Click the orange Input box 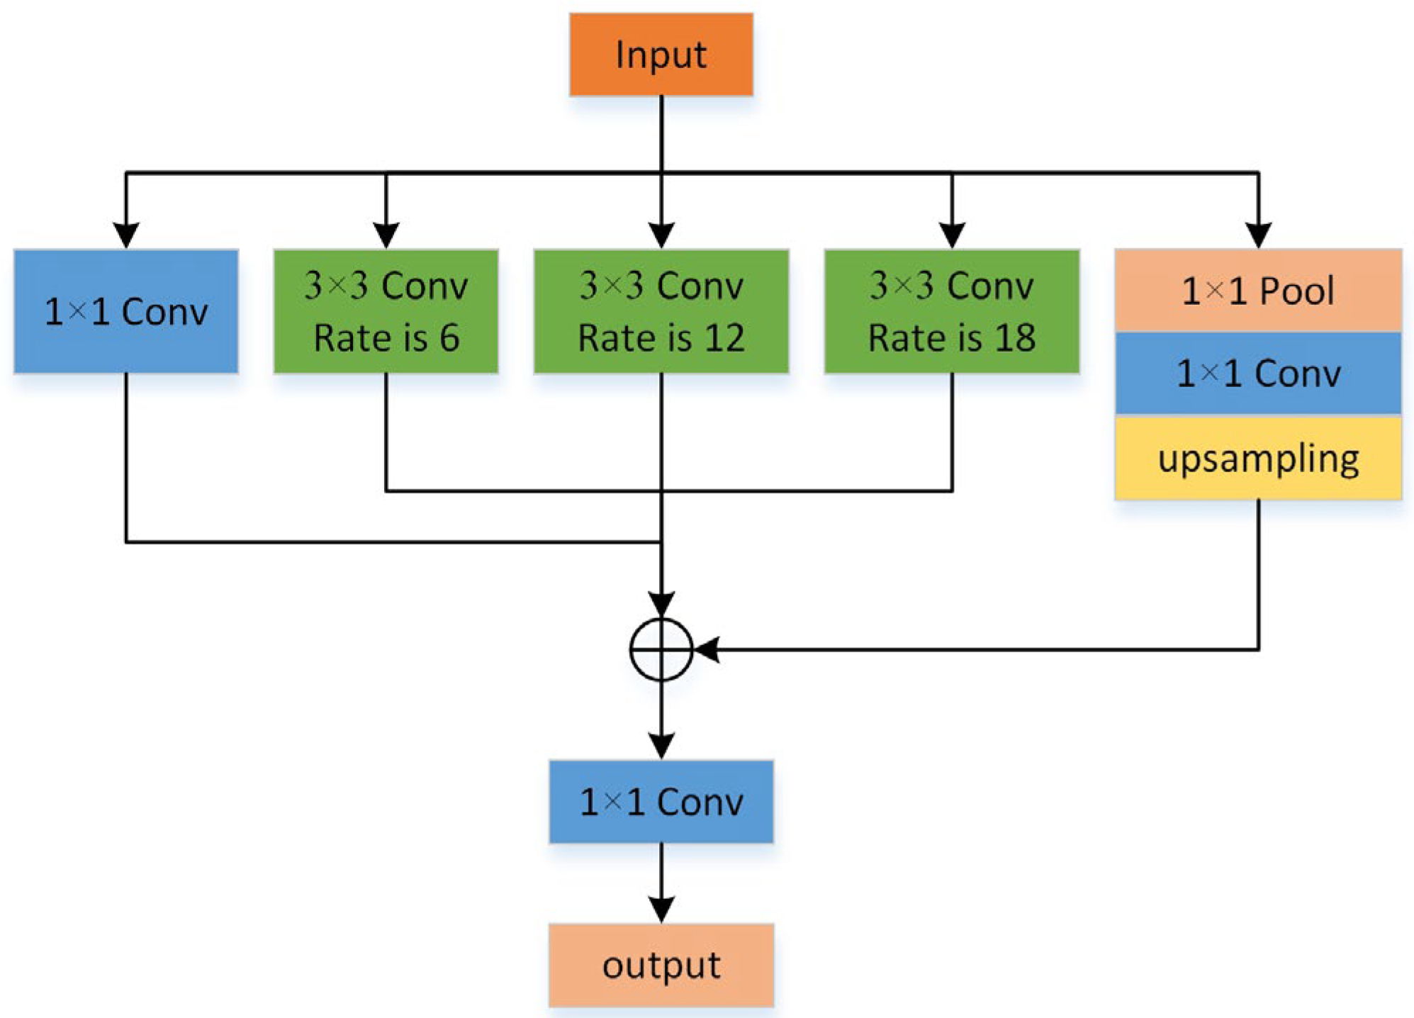[x=661, y=55]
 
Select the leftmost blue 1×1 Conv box [x=125, y=311]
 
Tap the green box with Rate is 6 [x=386, y=311]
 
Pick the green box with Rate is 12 [x=661, y=311]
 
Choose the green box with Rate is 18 [x=951, y=311]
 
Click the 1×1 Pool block [x=1258, y=291]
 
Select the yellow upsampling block [x=1258, y=459]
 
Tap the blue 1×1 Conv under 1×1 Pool [x=1258, y=374]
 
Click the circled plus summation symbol [x=661, y=649]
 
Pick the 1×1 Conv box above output [x=661, y=802]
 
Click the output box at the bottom [x=661, y=965]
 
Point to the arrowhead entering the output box [x=661, y=910]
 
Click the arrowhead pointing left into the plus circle [x=707, y=649]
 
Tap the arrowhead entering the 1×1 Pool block [x=1258, y=235]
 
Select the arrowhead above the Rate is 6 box [x=386, y=235]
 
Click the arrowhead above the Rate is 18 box [x=951, y=235]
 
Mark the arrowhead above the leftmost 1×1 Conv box [x=125, y=235]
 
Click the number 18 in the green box [x=1015, y=338]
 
